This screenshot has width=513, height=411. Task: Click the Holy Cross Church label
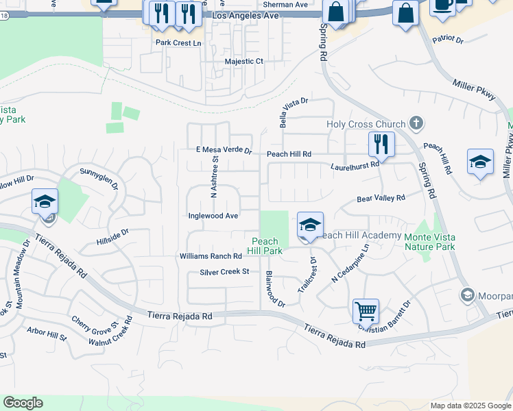click(x=366, y=124)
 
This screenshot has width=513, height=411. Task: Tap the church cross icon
click(x=414, y=123)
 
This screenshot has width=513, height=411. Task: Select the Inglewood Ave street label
click(x=213, y=216)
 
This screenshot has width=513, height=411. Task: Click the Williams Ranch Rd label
click(x=211, y=256)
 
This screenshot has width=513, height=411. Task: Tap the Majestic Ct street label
click(x=244, y=61)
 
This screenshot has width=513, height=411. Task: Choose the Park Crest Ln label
click(x=178, y=42)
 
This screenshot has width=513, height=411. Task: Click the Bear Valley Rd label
click(x=381, y=199)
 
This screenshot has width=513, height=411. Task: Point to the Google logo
click(x=23, y=403)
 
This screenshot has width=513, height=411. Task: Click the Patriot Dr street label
click(x=448, y=39)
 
